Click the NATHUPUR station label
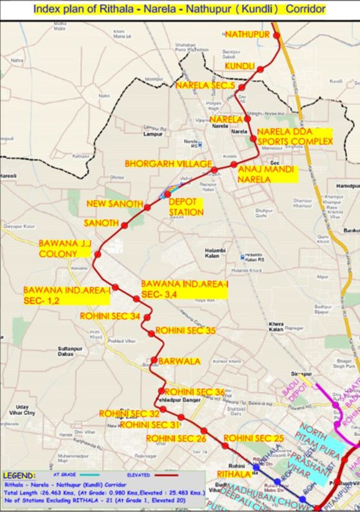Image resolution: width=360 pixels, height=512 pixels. tap(247, 35)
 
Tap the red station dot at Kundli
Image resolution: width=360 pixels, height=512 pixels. tap(260, 70)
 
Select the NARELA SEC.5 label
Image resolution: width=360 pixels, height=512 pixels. tap(205, 85)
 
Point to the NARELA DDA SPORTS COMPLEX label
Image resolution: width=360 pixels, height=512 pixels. tap(295, 137)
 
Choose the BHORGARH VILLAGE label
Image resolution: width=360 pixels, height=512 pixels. tap(168, 164)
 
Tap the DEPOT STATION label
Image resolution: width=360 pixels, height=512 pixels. tap(186, 207)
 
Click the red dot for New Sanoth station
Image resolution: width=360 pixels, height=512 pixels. tap(147, 207)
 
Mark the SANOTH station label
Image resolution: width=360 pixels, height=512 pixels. tap(101, 223)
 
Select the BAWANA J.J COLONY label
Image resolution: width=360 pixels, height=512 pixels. tap(65, 248)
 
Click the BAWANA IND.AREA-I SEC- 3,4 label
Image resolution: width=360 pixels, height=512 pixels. tap(185, 289)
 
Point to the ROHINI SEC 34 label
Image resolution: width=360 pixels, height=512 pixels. tap(110, 316)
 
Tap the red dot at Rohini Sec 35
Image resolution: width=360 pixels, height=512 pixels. tap(151, 333)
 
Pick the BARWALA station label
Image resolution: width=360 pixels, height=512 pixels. tap(179, 361)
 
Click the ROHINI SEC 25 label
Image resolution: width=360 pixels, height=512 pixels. tap(253, 438)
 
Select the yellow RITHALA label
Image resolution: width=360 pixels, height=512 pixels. tap(233, 474)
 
